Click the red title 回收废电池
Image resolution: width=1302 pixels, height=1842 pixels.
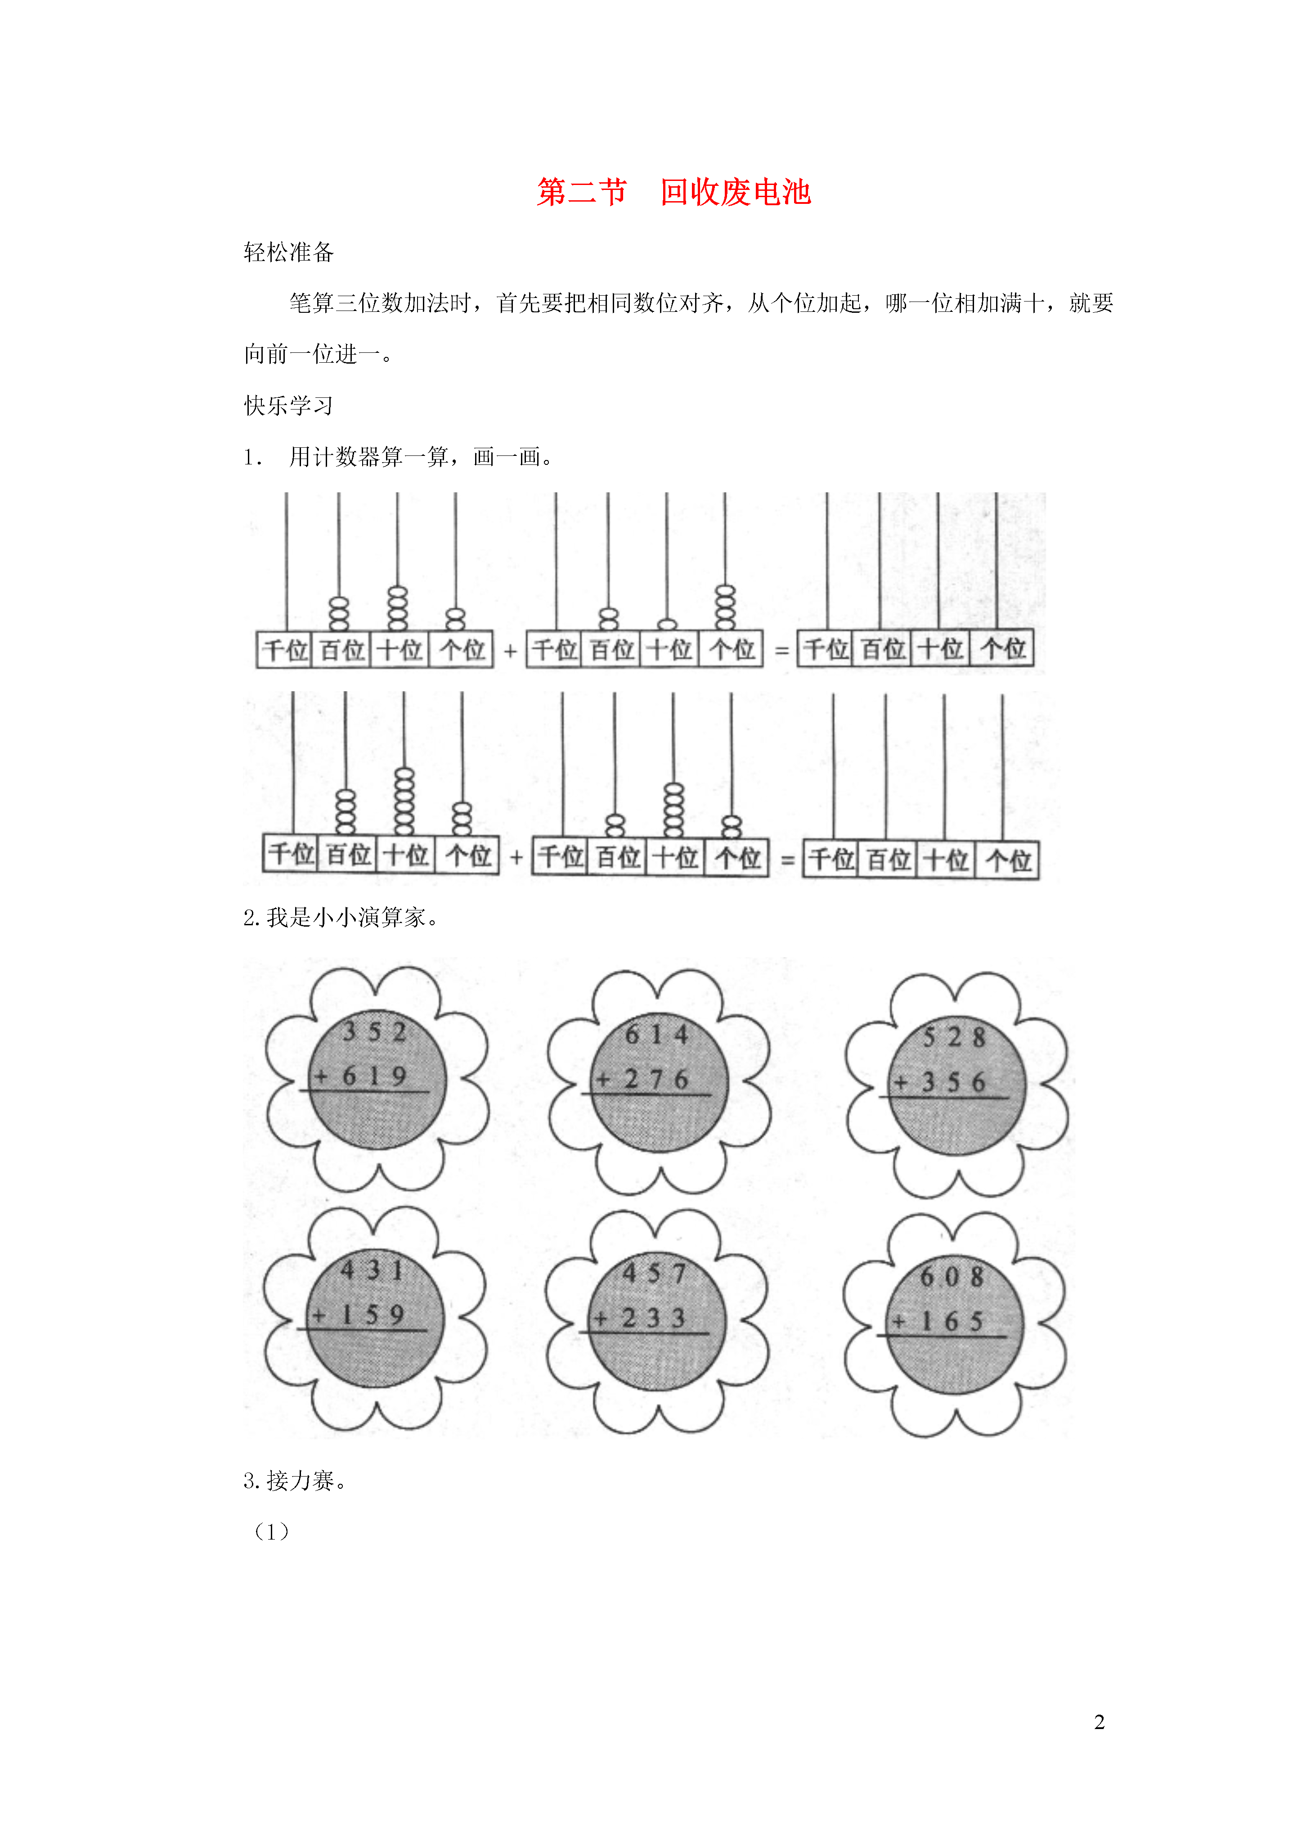tap(736, 193)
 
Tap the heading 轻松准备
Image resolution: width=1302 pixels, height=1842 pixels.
tap(289, 253)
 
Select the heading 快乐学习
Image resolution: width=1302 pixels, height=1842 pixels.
tap(289, 406)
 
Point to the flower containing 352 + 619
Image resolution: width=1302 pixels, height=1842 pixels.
tap(377, 1079)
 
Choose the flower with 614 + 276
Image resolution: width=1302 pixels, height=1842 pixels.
tap(659, 1081)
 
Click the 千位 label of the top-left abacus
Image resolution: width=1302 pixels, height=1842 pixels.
tap(286, 650)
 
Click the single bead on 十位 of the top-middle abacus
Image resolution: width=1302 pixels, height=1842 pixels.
tap(667, 624)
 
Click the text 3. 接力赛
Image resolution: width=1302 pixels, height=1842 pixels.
tap(295, 1481)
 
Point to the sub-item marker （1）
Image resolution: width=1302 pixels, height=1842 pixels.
tap(271, 1532)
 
